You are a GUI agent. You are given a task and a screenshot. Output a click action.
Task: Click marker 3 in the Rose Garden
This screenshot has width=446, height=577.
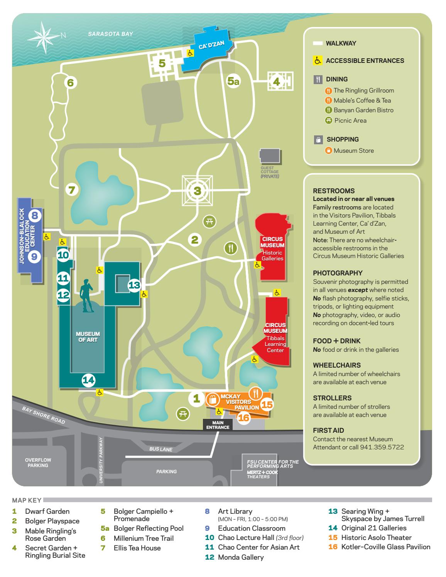click(197, 190)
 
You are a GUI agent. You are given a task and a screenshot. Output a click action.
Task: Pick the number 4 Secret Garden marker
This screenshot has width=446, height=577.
click(276, 81)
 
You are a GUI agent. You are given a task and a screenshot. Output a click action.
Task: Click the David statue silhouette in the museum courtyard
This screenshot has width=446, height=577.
click(86, 295)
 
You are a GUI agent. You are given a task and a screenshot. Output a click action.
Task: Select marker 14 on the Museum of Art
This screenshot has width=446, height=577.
click(88, 380)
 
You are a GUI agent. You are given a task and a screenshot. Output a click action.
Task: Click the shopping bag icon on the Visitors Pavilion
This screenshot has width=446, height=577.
click(213, 400)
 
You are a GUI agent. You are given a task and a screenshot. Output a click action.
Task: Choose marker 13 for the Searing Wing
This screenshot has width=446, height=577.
click(135, 285)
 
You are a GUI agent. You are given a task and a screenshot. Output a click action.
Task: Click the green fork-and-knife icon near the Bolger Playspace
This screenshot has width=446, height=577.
click(231, 248)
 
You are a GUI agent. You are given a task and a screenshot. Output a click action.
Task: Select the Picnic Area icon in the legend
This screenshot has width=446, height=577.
click(328, 120)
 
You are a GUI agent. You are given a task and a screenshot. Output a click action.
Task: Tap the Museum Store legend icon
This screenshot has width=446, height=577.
click(328, 151)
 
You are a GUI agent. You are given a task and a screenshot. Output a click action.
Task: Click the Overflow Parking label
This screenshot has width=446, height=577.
click(38, 462)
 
